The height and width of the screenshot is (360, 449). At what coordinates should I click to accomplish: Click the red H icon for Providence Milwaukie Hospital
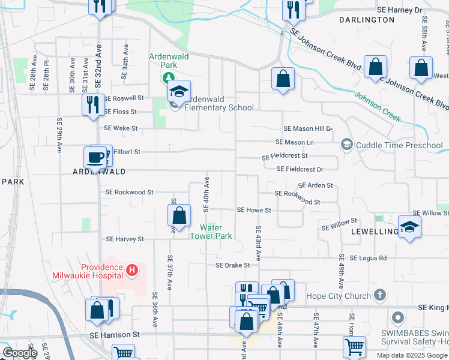tap(132, 271)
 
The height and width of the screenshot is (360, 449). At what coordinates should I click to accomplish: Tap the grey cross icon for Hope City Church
tap(379, 295)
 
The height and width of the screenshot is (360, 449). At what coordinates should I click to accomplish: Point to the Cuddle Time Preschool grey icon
tap(346, 145)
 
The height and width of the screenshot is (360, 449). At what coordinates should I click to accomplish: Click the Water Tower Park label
tap(211, 232)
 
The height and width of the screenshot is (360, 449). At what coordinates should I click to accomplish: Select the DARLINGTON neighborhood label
tap(366, 20)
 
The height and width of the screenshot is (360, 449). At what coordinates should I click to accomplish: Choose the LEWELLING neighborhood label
tap(376, 232)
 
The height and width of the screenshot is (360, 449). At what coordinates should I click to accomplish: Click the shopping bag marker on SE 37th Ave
tap(179, 215)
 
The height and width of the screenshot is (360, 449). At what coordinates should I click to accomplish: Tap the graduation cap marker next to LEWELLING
tap(409, 227)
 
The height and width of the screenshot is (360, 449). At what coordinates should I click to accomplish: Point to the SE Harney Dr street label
tap(400, 10)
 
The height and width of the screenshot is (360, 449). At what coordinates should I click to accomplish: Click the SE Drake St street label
tap(233, 265)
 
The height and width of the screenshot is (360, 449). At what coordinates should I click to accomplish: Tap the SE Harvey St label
tap(124, 239)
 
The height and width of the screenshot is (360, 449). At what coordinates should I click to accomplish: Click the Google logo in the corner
tap(20, 353)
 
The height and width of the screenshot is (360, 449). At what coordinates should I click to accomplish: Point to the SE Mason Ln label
tap(294, 142)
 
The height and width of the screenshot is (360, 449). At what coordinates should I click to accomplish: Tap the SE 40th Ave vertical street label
tap(206, 194)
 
